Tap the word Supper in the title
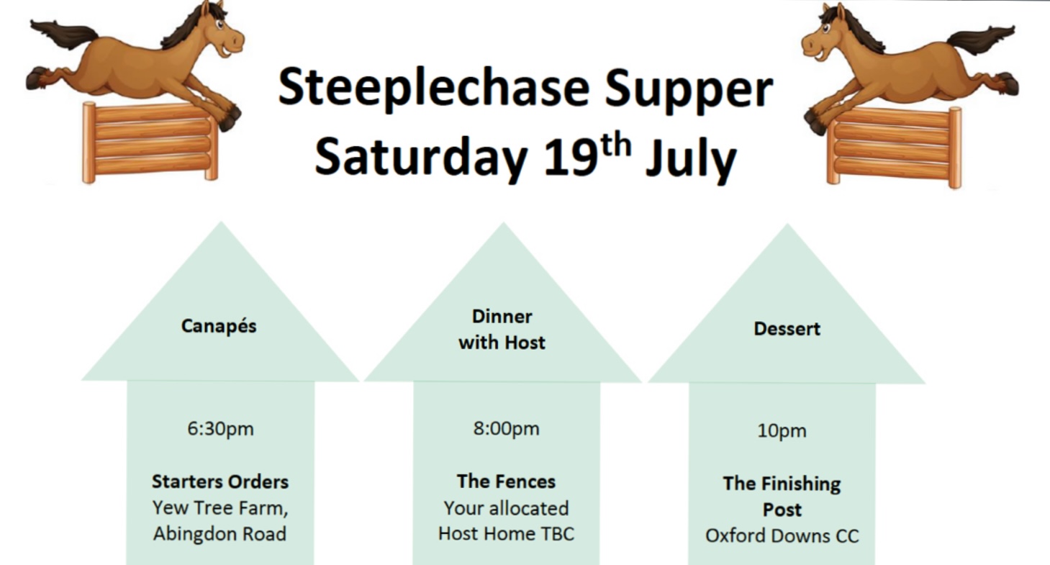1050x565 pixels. [x=689, y=90]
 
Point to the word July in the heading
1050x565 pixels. [x=690, y=158]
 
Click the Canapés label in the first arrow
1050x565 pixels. [x=219, y=326]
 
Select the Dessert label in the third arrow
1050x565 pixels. [x=787, y=329]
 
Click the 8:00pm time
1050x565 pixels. [x=506, y=429]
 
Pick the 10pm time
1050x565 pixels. [x=782, y=431]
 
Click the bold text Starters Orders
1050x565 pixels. [x=219, y=482]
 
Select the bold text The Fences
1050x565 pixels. [x=506, y=482]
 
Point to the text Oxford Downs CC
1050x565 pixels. [x=782, y=536]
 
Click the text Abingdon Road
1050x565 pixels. [x=219, y=534]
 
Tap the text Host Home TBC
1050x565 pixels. [x=506, y=533]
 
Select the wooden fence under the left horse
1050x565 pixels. [x=150, y=142]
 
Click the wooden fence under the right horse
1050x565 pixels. [x=895, y=148]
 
